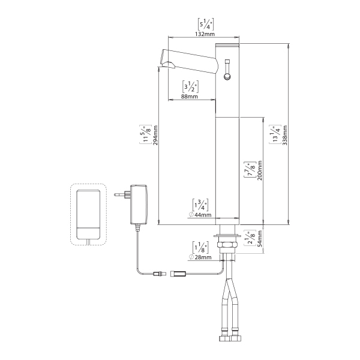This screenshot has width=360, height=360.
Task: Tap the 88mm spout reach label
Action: (x=190, y=97)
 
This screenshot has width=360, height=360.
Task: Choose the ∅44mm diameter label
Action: (x=200, y=214)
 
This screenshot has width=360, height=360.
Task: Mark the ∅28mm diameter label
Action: (x=200, y=257)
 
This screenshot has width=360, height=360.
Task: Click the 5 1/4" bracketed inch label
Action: (x=204, y=23)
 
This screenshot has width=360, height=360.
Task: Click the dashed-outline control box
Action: (x=88, y=214)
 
